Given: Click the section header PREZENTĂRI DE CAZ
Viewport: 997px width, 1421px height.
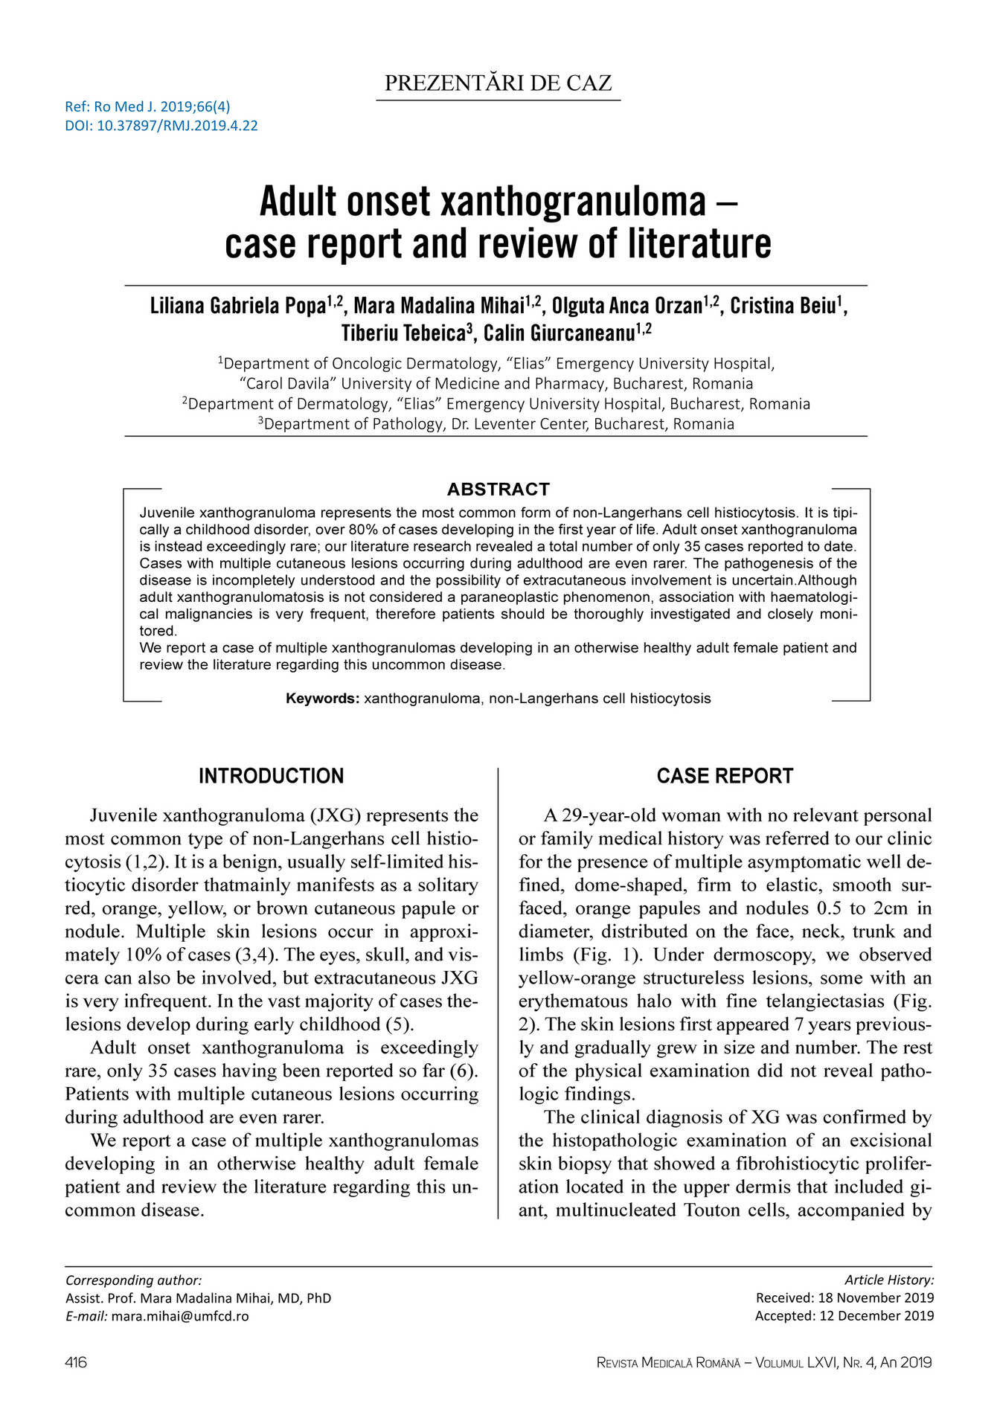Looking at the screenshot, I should coord(498,83).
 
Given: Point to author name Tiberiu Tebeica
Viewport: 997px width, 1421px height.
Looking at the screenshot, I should coord(403,333).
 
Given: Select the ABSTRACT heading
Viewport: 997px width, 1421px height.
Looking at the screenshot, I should coord(498,489).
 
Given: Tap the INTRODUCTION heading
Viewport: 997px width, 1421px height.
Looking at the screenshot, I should coord(271,776).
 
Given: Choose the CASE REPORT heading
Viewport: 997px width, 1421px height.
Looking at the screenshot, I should coord(725,776).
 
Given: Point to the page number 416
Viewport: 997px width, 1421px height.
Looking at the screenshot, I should coord(76,1362).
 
